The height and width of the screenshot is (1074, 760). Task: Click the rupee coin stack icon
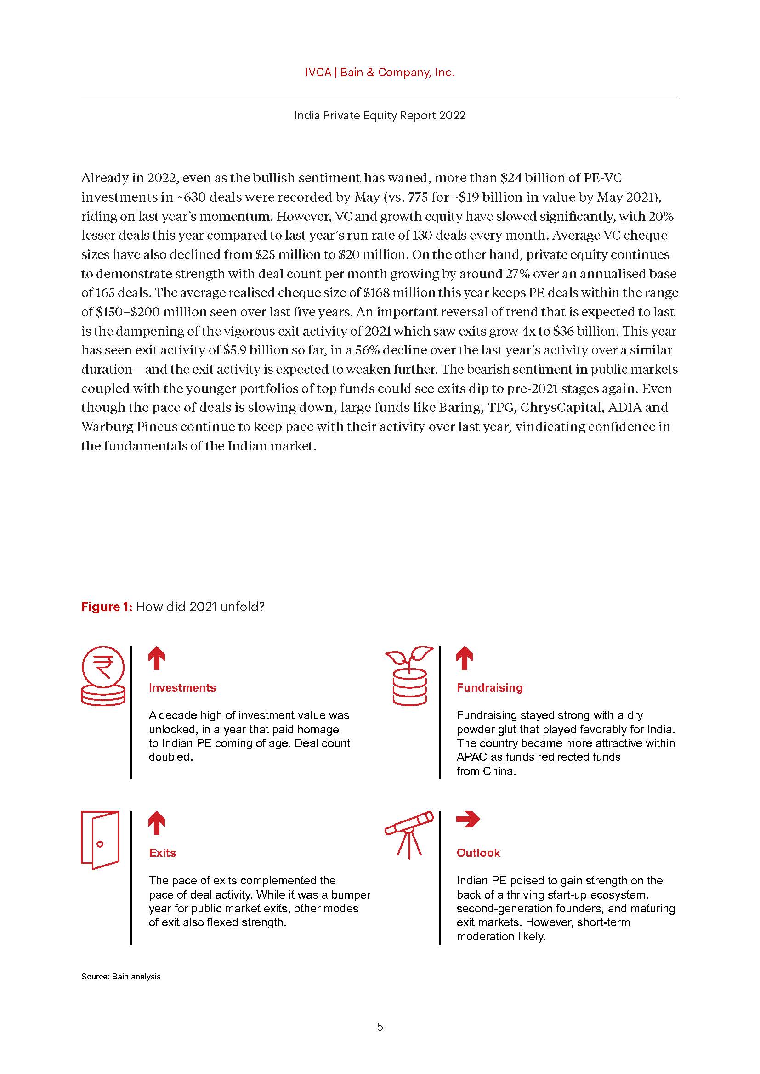(x=103, y=675)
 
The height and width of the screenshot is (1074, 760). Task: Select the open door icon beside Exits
(x=100, y=840)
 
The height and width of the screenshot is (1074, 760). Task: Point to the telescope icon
(x=409, y=834)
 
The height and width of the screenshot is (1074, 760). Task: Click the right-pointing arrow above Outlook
(x=467, y=819)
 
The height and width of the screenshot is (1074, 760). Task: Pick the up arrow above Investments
(x=157, y=658)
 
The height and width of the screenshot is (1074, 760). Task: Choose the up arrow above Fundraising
(x=465, y=658)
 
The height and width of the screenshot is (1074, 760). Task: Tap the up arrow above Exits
(x=157, y=823)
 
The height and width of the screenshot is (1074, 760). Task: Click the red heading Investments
(x=182, y=688)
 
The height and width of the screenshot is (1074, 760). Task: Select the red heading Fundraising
(x=489, y=688)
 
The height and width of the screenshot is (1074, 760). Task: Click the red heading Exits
(x=162, y=853)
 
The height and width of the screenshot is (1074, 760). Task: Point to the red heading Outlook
(x=478, y=853)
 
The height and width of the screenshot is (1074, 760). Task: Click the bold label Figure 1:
(x=107, y=607)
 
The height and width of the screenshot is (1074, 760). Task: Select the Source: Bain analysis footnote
(x=121, y=977)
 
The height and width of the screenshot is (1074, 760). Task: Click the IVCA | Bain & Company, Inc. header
(x=380, y=73)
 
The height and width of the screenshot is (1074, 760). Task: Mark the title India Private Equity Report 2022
(x=380, y=116)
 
